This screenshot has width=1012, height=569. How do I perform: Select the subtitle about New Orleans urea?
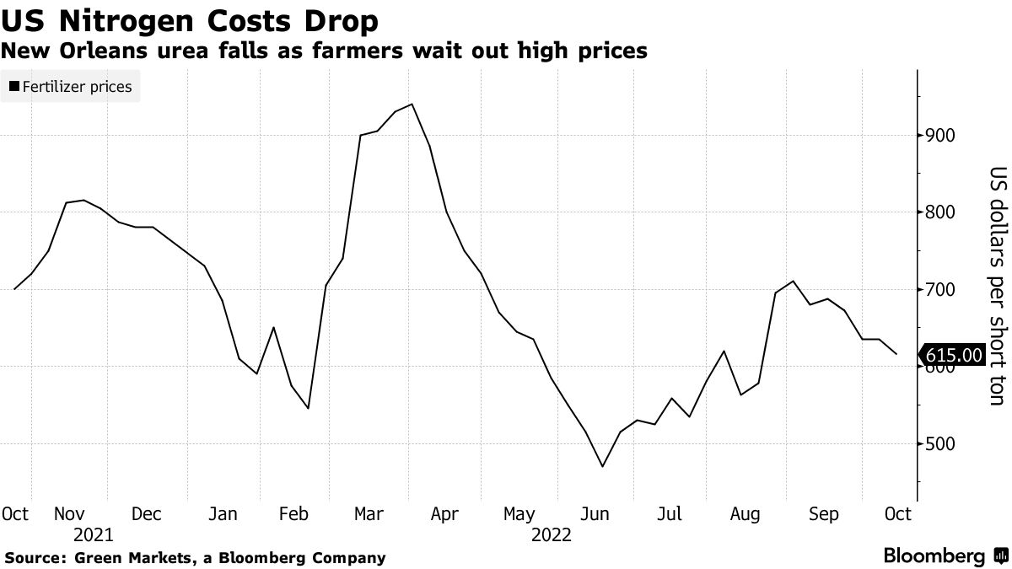click(325, 51)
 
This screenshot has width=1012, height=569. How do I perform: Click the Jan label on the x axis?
click(223, 513)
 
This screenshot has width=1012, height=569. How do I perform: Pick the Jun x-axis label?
click(595, 513)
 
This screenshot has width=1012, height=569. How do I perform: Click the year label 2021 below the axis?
click(94, 535)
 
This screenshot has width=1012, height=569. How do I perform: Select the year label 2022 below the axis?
click(551, 535)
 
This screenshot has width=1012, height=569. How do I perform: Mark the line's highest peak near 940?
click(411, 105)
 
